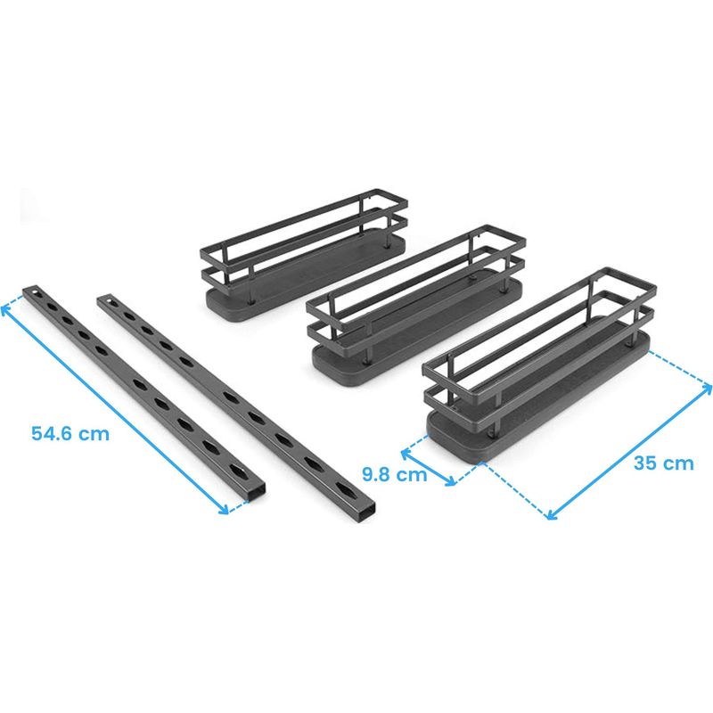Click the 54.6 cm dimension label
[70, 433]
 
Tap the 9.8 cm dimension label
[395, 474]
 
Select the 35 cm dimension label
[663, 463]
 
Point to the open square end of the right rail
[366, 513]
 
